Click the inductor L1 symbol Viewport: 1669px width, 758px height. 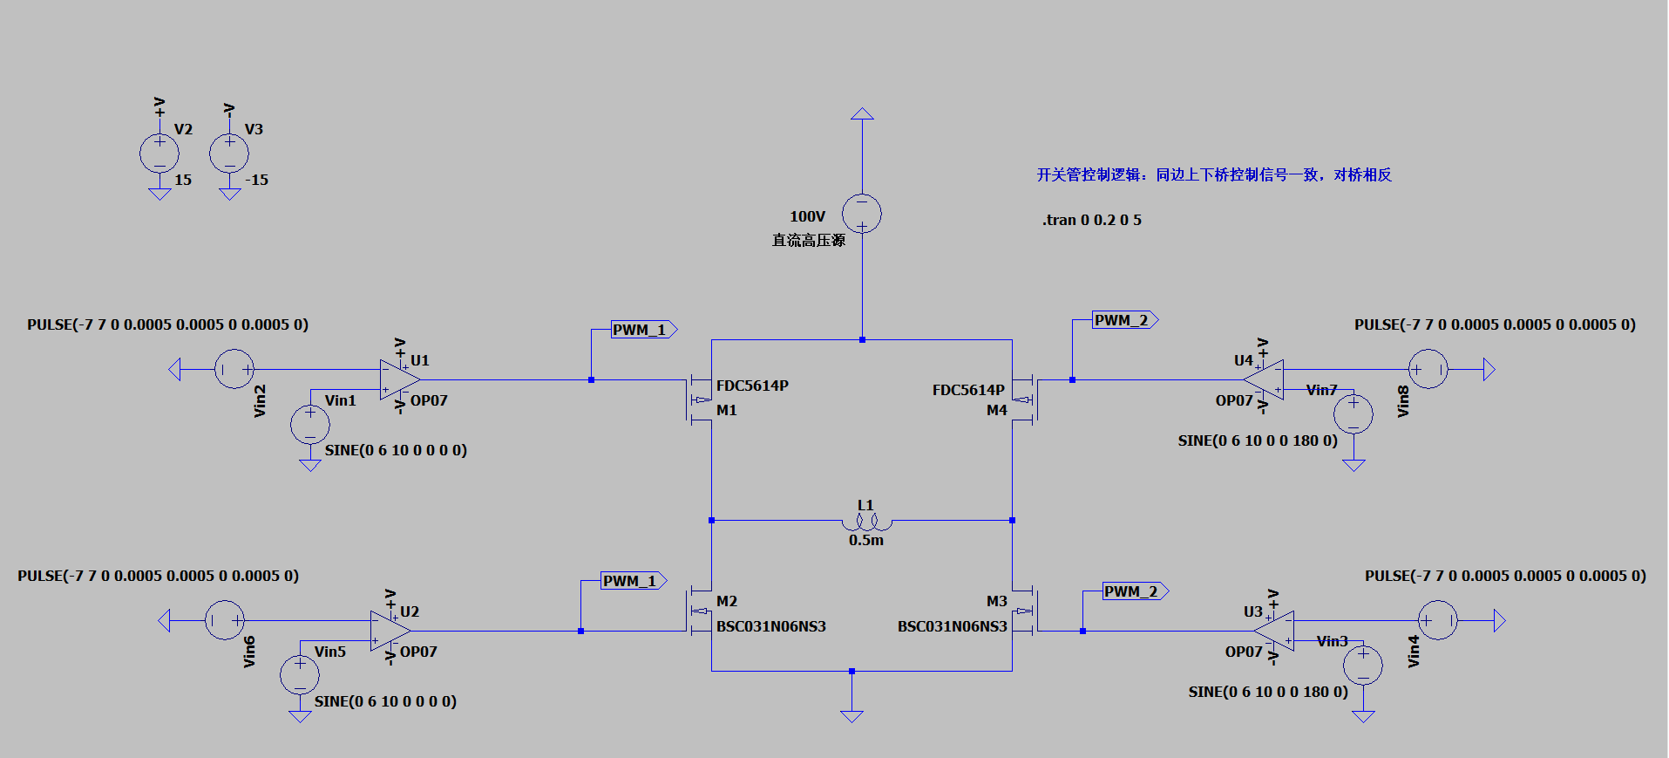[x=866, y=522]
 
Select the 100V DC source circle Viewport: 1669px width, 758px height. [x=862, y=214]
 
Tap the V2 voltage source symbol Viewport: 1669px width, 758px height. [x=159, y=154]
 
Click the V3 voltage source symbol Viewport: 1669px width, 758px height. [x=229, y=154]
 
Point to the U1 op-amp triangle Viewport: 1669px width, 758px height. [x=399, y=379]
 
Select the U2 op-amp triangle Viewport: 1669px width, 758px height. [x=389, y=631]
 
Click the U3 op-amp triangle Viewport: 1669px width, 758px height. [x=1275, y=631]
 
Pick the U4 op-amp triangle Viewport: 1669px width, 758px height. [x=1265, y=379]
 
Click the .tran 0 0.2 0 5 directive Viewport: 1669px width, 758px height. [x=1091, y=220]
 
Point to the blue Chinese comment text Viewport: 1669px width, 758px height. [x=1213, y=174]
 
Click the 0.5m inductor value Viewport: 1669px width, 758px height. [x=866, y=541]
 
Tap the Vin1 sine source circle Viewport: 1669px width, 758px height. [x=310, y=425]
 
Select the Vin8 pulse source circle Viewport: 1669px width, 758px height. [x=1428, y=370]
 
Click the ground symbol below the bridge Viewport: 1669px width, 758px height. [x=851, y=715]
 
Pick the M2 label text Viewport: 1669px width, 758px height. [x=727, y=601]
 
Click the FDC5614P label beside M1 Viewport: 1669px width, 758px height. [x=752, y=386]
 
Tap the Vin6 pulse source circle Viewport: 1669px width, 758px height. [x=225, y=621]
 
